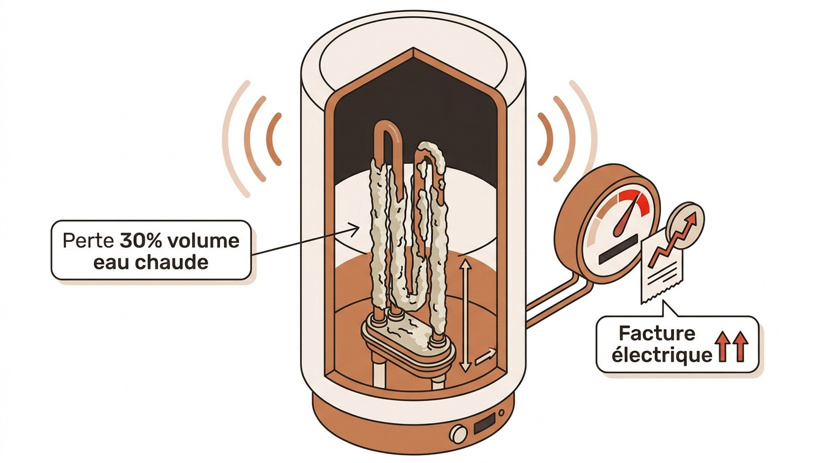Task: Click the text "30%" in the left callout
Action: pos(141,241)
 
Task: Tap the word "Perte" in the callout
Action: pos(88,241)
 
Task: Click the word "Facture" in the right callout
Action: pos(657,334)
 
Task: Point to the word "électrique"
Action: pos(662,355)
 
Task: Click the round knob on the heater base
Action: pos(458,433)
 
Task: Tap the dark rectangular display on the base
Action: pos(484,423)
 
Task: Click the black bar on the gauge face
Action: pos(618,251)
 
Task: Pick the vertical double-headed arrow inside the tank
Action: pos(465,315)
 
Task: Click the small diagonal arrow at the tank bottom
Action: pos(485,356)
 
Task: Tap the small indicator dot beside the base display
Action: pos(501,413)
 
